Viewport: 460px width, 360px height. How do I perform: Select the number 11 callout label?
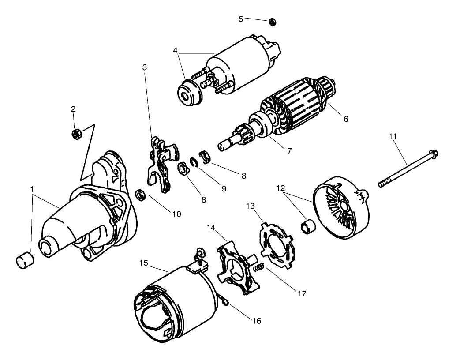[x=393, y=136]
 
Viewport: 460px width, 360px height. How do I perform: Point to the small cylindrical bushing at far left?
[x=24, y=261]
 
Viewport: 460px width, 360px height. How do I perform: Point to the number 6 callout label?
[x=346, y=119]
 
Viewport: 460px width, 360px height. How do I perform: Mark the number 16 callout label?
[x=256, y=321]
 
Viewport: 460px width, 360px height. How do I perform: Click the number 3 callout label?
[x=144, y=67]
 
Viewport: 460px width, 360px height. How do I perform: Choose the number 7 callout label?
[x=289, y=150]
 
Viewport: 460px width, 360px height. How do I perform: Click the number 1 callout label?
[x=32, y=189]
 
